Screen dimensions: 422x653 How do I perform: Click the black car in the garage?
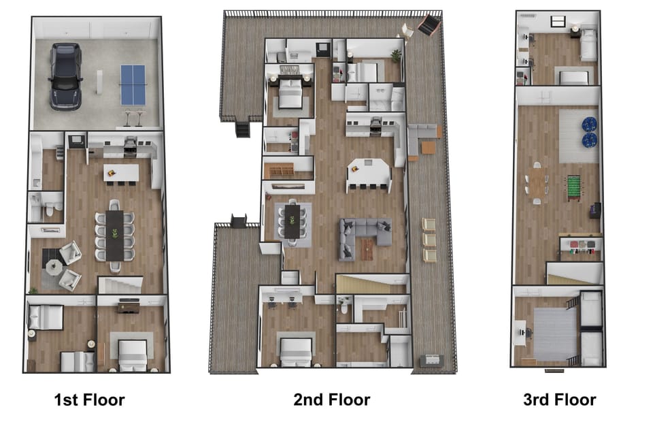(x=65, y=76)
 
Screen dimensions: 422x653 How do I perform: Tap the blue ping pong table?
(x=133, y=84)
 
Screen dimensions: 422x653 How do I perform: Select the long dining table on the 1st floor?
(x=114, y=235)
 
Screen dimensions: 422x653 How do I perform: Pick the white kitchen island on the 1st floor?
(x=121, y=172)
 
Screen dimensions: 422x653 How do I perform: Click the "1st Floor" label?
(x=89, y=400)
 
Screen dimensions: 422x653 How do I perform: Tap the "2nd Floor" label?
(x=332, y=400)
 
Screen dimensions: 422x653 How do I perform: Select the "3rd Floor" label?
(x=560, y=400)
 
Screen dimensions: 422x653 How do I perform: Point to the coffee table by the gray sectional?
(x=368, y=249)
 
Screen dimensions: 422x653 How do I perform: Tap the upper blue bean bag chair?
(x=589, y=125)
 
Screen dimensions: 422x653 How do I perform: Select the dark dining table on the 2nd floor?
(x=292, y=221)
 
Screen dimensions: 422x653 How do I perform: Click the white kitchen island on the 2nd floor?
(x=369, y=172)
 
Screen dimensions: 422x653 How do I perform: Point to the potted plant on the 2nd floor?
(x=396, y=54)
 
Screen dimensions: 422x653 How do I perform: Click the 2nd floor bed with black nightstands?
(x=290, y=92)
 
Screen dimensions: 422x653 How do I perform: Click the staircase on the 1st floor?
(x=120, y=285)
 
